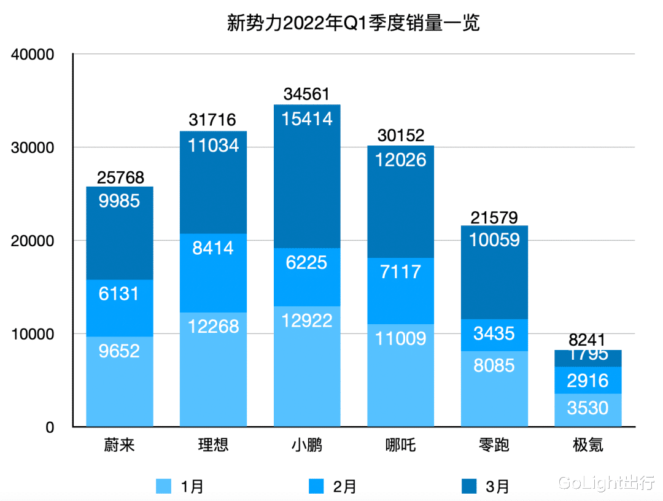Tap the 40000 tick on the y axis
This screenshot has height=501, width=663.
34,55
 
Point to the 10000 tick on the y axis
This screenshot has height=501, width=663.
34,335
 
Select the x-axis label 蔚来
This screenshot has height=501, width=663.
119,445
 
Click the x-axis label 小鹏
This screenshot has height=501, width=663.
307,445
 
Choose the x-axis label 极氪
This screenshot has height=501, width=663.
587,445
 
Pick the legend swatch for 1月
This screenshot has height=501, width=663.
164,486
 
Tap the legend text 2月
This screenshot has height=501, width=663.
344,487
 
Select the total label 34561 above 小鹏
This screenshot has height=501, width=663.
307,95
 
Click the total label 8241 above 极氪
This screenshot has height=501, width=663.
587,340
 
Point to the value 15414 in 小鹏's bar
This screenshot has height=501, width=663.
307,118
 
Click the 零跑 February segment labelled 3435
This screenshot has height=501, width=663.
494,335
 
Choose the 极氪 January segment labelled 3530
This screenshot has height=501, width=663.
587,408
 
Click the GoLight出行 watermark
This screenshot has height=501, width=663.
607,483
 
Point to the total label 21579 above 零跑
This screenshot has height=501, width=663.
494,217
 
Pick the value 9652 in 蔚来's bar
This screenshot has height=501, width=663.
119,351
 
